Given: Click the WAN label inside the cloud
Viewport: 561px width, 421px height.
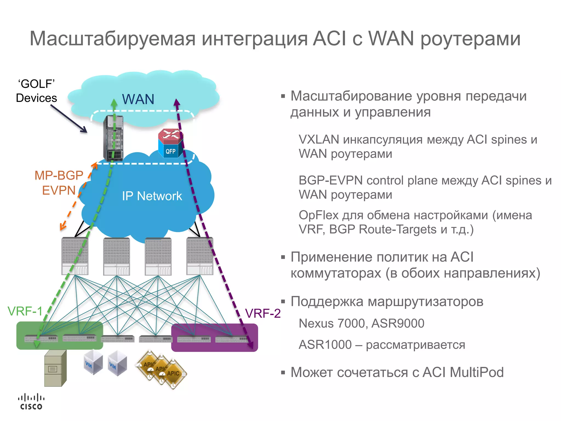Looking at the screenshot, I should (x=138, y=99).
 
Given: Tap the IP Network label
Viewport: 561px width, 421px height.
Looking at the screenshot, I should (x=152, y=196).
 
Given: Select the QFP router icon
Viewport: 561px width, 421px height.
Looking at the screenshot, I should (x=170, y=144).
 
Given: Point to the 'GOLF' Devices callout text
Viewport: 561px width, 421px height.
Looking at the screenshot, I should (x=36, y=91).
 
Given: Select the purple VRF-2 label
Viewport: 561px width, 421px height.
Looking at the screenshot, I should (x=263, y=313).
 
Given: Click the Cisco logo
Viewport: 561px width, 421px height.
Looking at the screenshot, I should (x=31, y=402).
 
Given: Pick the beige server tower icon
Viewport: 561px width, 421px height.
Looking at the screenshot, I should (x=56, y=368).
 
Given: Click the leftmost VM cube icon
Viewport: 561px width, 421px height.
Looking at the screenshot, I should (x=93, y=362).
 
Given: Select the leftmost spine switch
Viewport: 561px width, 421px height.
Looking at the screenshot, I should (x=75, y=256).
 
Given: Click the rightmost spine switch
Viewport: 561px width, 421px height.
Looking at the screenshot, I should (x=200, y=256).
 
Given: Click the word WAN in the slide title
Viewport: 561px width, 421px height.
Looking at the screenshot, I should (x=391, y=38).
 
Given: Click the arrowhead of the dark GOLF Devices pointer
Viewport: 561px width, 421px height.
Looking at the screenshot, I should (x=85, y=131).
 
